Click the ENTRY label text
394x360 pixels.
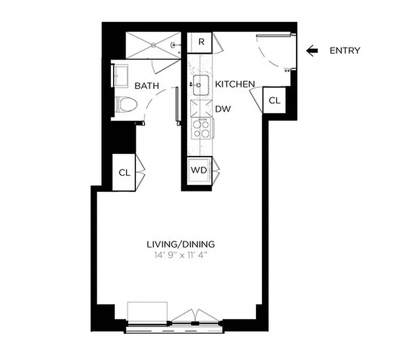coord(344,50)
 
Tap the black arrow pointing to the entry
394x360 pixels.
coord(312,50)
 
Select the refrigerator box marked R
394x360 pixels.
coord(201,42)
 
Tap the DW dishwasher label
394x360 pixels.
coord(223,109)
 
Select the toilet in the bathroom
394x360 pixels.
coord(126,105)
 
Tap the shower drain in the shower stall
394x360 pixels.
coord(154,45)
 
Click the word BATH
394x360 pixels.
coord(147,86)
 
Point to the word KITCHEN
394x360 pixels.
coord(235,84)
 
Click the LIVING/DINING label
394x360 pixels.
coord(181,245)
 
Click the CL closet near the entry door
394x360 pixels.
coord(274,100)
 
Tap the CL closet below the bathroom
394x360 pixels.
coord(125,172)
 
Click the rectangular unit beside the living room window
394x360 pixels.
coord(147,311)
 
